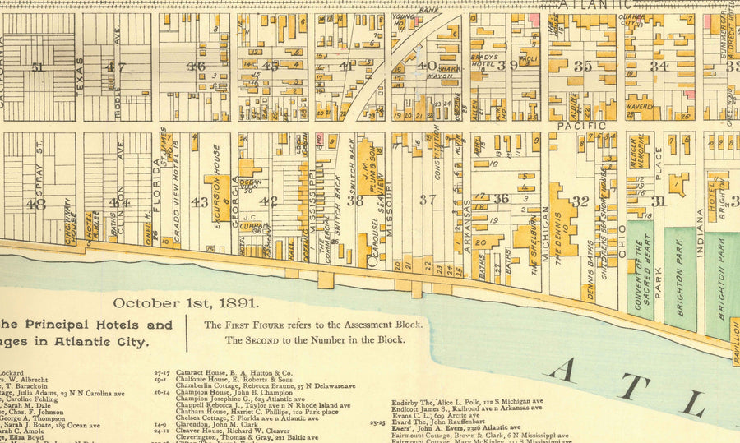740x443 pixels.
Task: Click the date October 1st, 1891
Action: (187, 302)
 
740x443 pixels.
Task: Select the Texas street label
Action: (80, 76)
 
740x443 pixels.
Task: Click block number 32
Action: (580, 201)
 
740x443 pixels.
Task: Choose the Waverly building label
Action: (639, 106)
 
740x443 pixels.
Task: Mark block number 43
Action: (199, 201)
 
